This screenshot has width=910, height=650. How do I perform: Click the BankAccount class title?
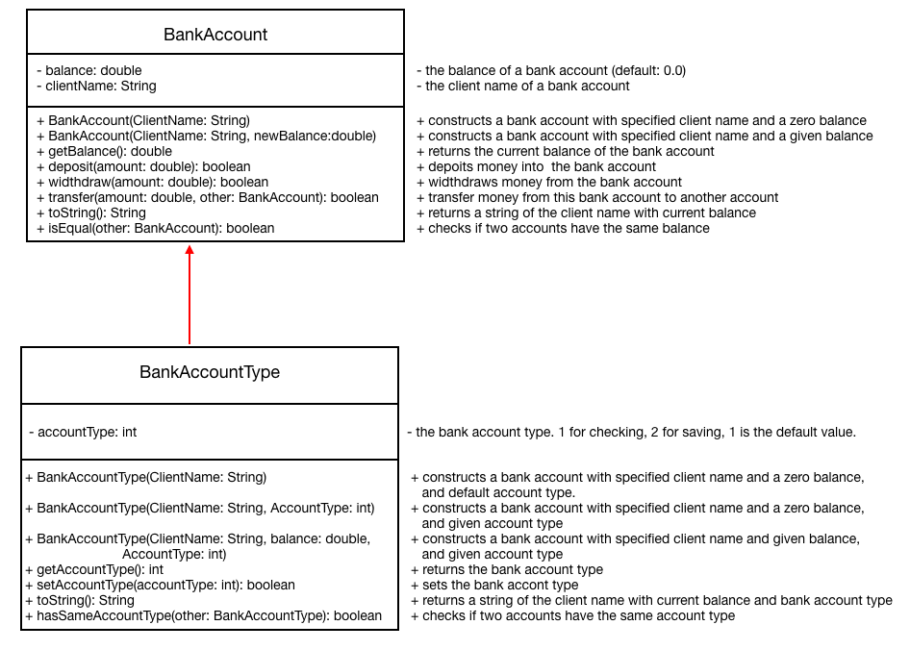pyautogui.click(x=215, y=35)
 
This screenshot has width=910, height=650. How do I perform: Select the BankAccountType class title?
pyautogui.click(x=210, y=372)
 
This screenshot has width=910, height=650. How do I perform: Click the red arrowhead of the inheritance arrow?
pyautogui.click(x=190, y=251)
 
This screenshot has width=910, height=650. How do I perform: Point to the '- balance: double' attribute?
pyautogui.click(x=89, y=70)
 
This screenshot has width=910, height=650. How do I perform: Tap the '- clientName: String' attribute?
pyautogui.click(x=96, y=86)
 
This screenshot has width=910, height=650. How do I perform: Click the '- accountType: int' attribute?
pyautogui.click(x=83, y=432)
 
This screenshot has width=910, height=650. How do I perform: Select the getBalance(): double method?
pyautogui.click(x=104, y=151)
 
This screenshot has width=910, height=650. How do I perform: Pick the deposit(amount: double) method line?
pyautogui.click(x=143, y=166)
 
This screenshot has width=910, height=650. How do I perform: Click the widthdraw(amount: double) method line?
pyautogui.click(x=152, y=182)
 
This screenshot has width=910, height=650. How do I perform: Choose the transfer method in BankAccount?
pyautogui.click(x=207, y=197)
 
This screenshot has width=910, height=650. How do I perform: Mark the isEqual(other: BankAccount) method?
pyautogui.click(x=155, y=228)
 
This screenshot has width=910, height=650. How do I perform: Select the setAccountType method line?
pyautogui.click(x=160, y=585)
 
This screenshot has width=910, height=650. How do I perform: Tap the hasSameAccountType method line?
pyautogui.click(x=203, y=615)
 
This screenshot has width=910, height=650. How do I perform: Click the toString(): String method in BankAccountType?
pyautogui.click(x=80, y=600)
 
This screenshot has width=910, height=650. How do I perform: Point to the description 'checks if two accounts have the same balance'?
pyautogui.click(x=563, y=228)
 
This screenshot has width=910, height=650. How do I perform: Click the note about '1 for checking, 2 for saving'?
pyautogui.click(x=631, y=432)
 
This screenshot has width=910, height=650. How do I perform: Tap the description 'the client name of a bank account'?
pyautogui.click(x=523, y=86)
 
